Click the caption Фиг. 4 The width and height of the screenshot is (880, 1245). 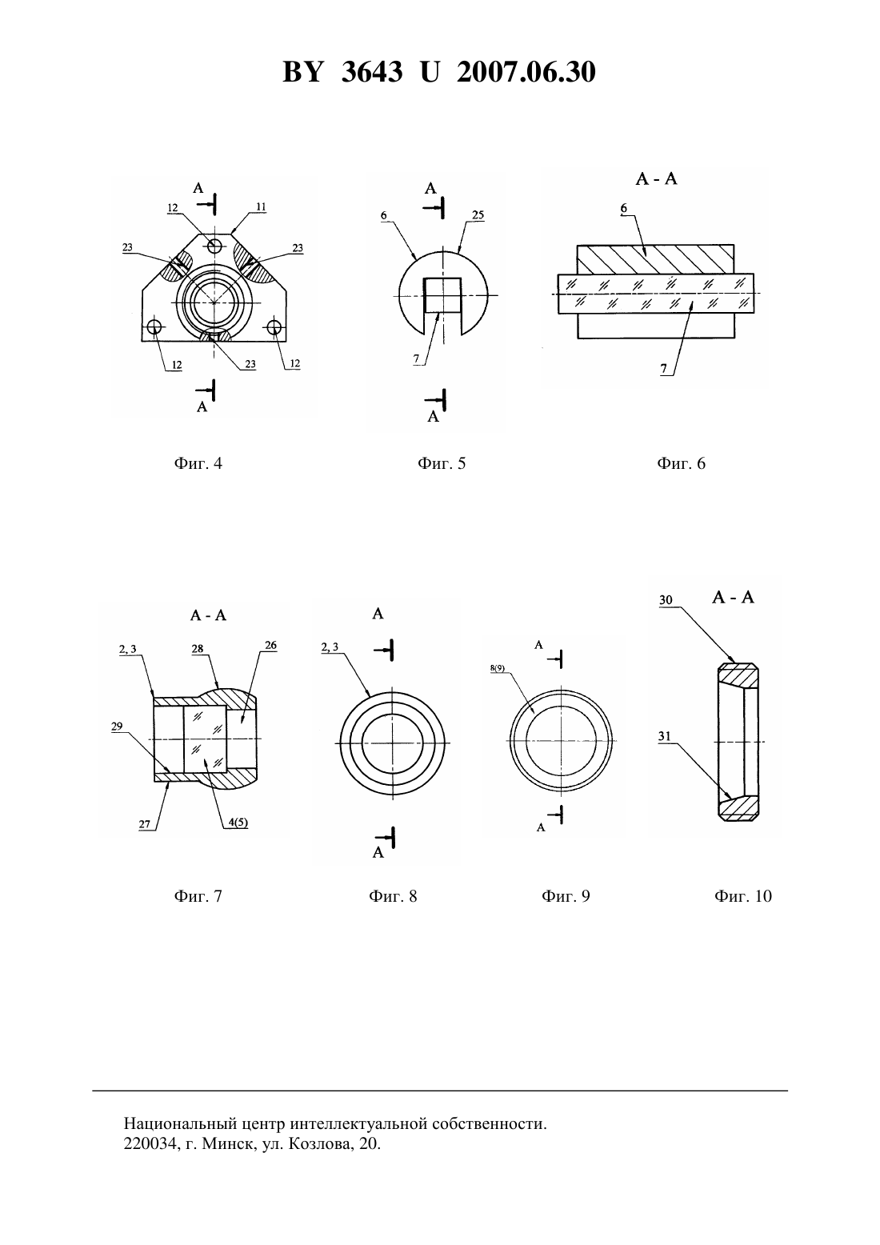click(198, 463)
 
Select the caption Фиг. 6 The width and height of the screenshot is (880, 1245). click(681, 463)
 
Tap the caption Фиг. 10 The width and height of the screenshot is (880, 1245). click(742, 896)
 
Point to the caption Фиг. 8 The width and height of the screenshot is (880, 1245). click(393, 896)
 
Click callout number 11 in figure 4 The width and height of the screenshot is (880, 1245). click(261, 207)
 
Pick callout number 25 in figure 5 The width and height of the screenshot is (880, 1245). click(478, 215)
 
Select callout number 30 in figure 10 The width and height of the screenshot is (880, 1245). click(666, 600)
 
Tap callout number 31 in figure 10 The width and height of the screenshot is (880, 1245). click(665, 736)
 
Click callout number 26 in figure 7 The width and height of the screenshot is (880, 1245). click(270, 645)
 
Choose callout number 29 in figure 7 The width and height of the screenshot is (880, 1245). click(117, 727)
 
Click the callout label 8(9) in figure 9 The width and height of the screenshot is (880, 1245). click(498, 668)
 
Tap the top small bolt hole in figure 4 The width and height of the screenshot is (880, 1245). click(214, 245)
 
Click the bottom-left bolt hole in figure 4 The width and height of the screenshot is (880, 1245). click(154, 327)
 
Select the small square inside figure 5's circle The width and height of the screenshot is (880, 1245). click(442, 295)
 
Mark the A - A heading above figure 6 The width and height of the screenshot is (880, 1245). click(656, 179)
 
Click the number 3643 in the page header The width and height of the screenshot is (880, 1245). click(372, 72)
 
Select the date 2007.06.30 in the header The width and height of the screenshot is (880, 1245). click(526, 72)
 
